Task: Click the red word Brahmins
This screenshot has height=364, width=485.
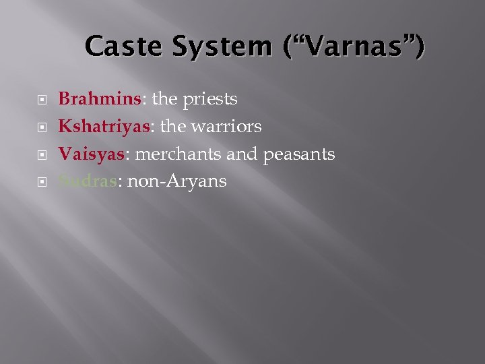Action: [100, 99]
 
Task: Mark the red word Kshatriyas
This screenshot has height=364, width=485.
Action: [106, 127]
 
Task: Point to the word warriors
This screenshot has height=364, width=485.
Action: [230, 127]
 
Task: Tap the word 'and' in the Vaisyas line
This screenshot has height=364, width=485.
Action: [242, 154]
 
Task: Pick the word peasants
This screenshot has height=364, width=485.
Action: [298, 154]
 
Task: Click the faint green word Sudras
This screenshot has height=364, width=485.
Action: [88, 181]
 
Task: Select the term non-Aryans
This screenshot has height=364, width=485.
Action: [176, 181]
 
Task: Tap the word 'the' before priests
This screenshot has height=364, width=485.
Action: [165, 99]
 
